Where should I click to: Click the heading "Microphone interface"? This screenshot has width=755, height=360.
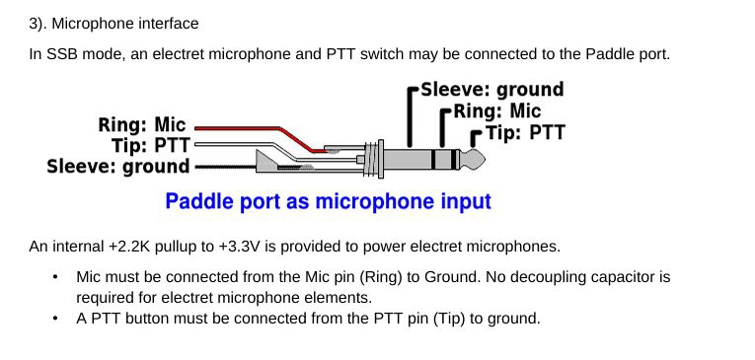pyautogui.click(x=125, y=24)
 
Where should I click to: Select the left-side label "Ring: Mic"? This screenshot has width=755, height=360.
pyautogui.click(x=142, y=124)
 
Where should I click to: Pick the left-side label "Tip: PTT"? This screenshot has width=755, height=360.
pyautogui.click(x=151, y=145)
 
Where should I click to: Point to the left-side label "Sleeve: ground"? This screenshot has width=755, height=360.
pyautogui.click(x=118, y=167)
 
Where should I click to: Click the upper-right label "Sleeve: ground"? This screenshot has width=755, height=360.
pyautogui.click(x=492, y=90)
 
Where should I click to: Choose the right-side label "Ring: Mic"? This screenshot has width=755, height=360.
pyautogui.click(x=497, y=111)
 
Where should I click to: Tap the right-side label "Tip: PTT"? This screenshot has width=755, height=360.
pyautogui.click(x=525, y=132)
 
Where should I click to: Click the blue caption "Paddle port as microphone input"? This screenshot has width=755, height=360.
pyautogui.click(x=328, y=201)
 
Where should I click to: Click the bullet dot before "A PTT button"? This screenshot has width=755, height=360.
pyautogui.click(x=56, y=319)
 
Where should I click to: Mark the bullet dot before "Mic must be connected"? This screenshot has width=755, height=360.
pyautogui.click(x=56, y=277)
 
